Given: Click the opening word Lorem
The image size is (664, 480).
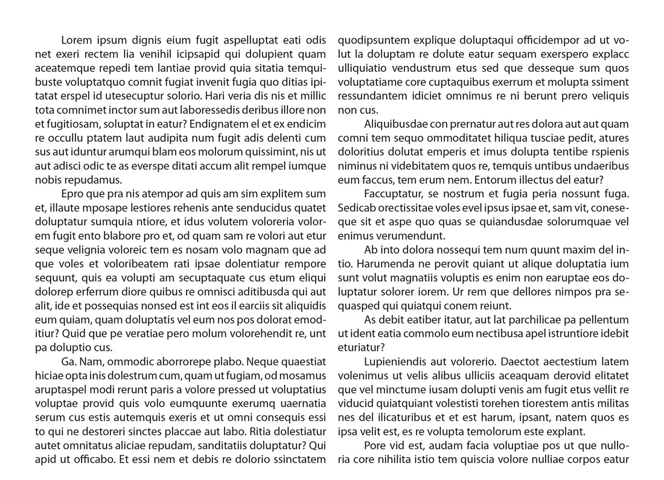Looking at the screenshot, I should coord(76,41).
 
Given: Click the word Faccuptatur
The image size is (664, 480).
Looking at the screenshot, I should coord(395,194).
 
